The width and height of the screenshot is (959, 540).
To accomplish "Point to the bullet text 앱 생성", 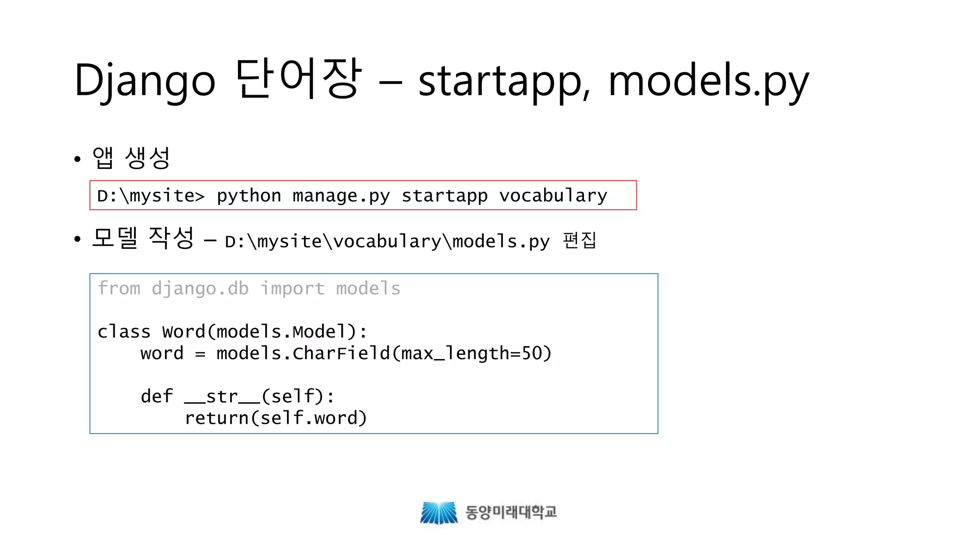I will pyautogui.click(x=131, y=157).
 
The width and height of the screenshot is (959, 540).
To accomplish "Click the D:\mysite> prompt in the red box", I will pyautogui.click(x=151, y=195).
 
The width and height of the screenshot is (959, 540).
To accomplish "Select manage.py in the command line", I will pyautogui.click(x=341, y=195).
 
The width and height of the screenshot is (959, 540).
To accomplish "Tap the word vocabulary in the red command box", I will pyautogui.click(x=553, y=195).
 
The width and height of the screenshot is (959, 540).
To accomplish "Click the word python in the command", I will pyautogui.click(x=249, y=195).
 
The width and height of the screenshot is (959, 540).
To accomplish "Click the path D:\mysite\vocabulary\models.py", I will pyautogui.click(x=387, y=241).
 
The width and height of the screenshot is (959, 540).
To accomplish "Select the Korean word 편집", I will pyautogui.click(x=580, y=240).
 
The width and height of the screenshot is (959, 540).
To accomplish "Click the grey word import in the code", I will pyautogui.click(x=292, y=288).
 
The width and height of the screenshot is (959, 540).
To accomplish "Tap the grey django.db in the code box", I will pyautogui.click(x=200, y=288).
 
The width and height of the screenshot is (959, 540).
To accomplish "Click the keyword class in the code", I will pyautogui.click(x=124, y=332).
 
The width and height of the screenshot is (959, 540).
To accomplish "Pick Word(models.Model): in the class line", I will pyautogui.click(x=265, y=332).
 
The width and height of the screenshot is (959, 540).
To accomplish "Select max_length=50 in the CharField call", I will pyautogui.click(x=471, y=353).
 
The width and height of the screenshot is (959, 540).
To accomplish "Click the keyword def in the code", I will pyautogui.click(x=156, y=397).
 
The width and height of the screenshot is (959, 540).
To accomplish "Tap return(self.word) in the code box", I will pyautogui.click(x=276, y=418).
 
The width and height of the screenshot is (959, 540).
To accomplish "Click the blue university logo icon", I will pyautogui.click(x=438, y=512).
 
